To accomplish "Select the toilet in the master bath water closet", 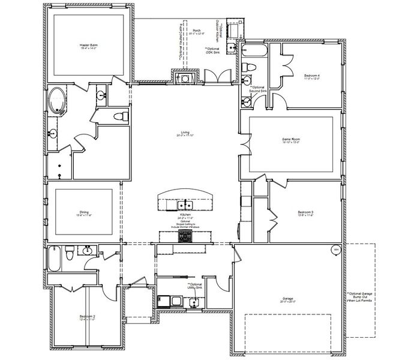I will pos(119,115).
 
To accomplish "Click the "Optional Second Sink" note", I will pos(259,89).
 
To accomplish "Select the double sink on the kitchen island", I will pos(185,201).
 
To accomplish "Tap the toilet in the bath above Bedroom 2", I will pos(71,254).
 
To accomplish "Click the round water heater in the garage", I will pos(335,249).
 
